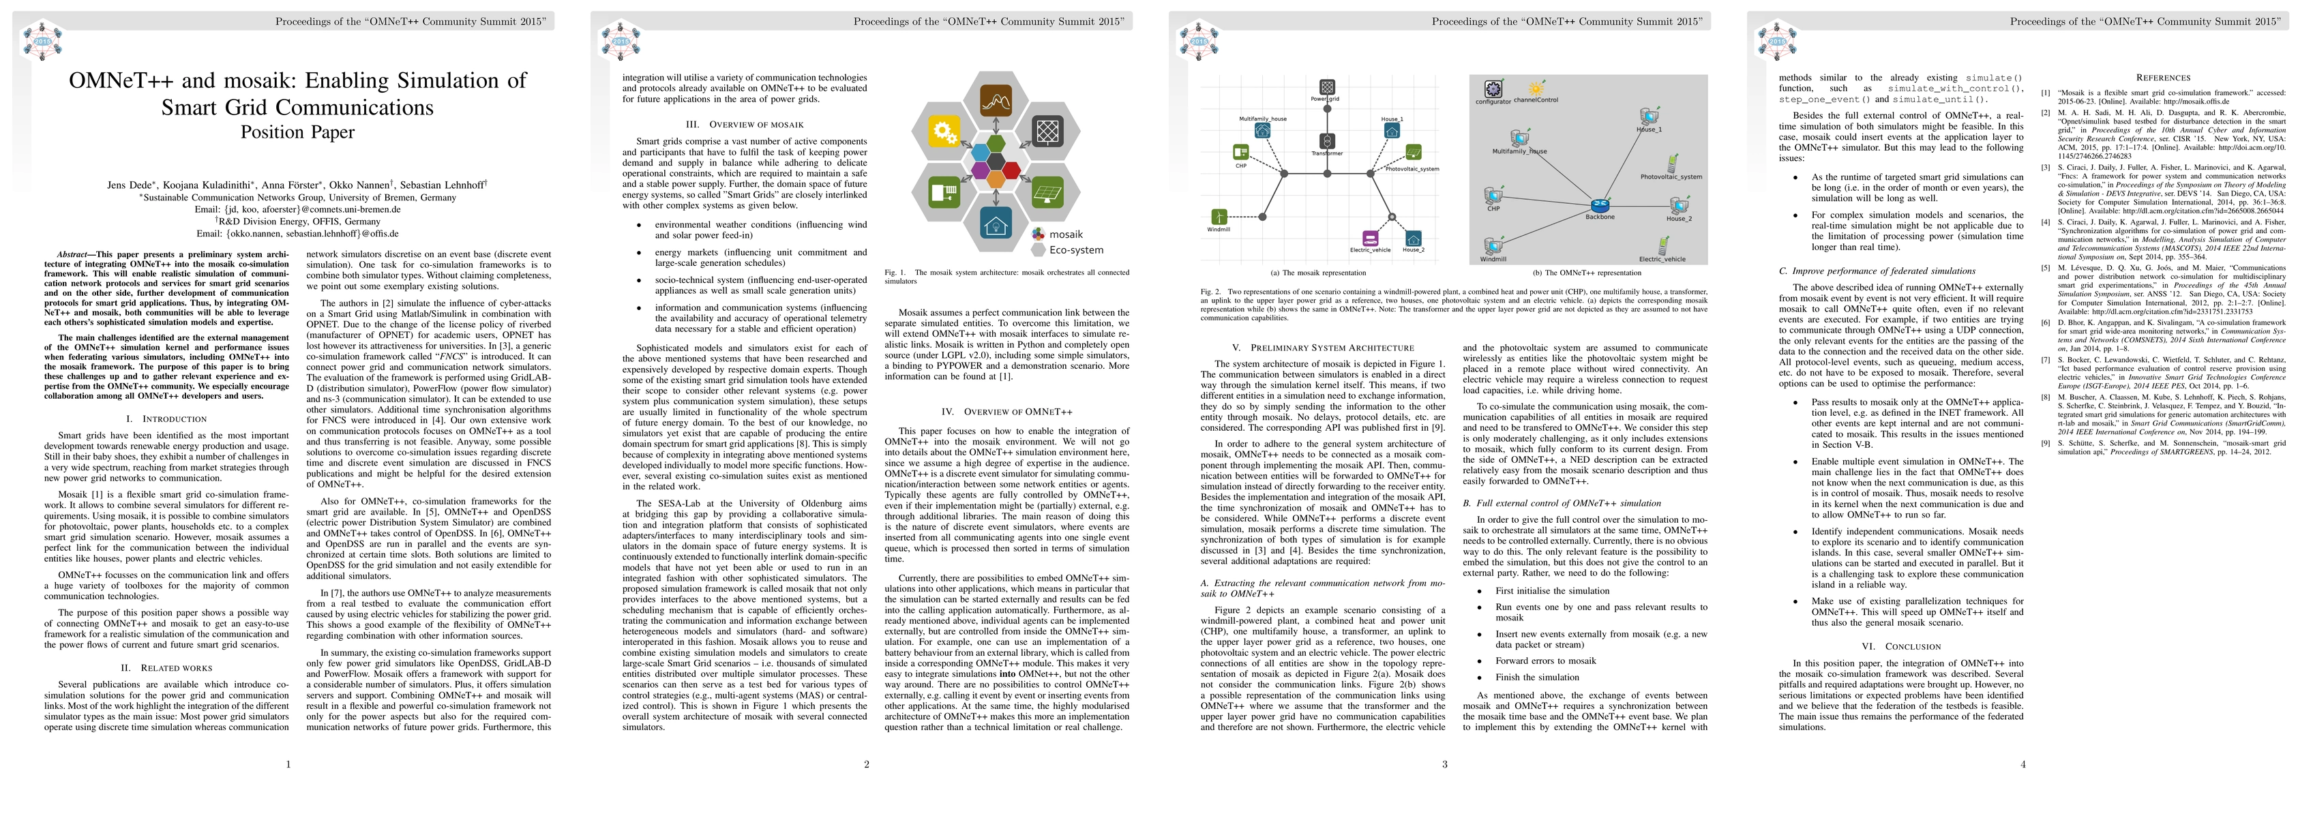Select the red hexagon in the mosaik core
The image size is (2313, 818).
(1011, 170)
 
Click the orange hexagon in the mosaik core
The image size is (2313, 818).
(995, 179)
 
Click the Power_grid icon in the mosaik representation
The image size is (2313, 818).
(1326, 85)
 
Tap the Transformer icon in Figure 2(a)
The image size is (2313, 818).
(1327, 141)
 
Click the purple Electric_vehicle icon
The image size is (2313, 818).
(1369, 238)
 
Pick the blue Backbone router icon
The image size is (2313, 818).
(1599, 207)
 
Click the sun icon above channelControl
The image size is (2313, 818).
(1536, 89)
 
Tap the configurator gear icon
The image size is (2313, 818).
(1493, 89)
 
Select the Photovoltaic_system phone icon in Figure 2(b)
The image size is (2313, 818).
(1672, 164)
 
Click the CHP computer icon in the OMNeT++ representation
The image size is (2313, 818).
(1493, 196)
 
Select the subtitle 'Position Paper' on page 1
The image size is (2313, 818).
(297, 132)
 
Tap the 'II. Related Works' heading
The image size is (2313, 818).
(167, 668)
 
